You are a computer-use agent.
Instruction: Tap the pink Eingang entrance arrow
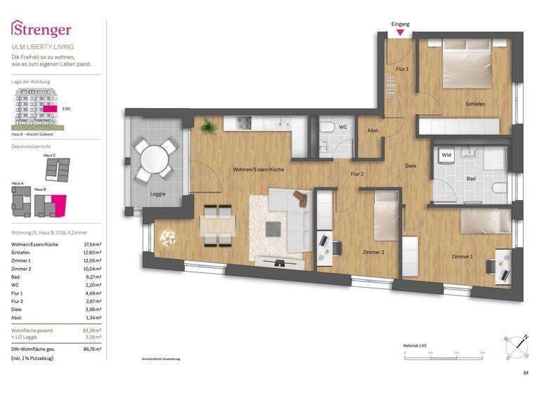[x=400, y=32]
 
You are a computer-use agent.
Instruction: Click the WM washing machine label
[x=446, y=154]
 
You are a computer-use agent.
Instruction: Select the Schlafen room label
[x=475, y=104]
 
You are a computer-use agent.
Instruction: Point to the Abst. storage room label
[x=373, y=131]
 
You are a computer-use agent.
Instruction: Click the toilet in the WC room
[x=327, y=128]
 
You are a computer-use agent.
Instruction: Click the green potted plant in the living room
[x=208, y=127]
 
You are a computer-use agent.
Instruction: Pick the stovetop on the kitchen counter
[x=245, y=122]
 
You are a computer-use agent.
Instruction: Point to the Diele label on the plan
[x=411, y=166]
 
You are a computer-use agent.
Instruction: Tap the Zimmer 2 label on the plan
[x=372, y=252]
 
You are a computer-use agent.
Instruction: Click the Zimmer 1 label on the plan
[x=462, y=256]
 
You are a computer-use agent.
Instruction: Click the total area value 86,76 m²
[x=91, y=348]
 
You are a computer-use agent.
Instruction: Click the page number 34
[x=525, y=373]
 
